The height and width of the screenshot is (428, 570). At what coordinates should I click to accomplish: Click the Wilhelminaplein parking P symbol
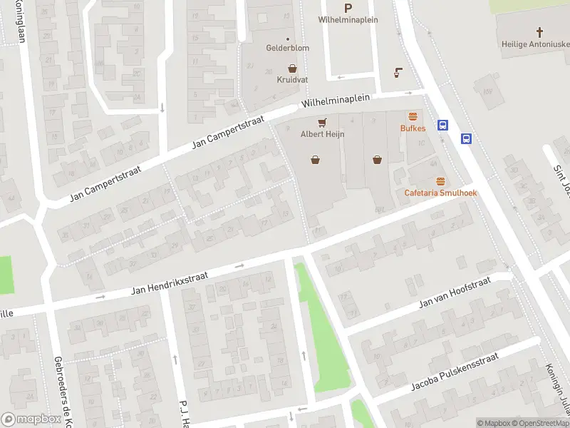[348, 8]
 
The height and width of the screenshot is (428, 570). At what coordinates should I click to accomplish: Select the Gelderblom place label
[288, 49]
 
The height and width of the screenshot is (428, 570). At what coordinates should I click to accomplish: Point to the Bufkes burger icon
[413, 116]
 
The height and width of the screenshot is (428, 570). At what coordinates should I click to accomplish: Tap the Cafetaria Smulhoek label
[440, 193]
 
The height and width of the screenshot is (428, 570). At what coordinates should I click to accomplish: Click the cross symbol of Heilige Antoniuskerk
[539, 32]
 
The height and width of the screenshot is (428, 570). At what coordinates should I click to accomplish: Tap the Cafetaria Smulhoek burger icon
[440, 181]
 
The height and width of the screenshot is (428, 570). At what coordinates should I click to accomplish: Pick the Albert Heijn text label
[322, 133]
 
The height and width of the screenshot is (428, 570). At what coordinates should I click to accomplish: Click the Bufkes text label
[413, 128]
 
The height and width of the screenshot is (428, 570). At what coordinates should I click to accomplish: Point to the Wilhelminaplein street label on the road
[336, 101]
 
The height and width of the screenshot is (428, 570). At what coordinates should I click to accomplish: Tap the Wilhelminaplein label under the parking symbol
[348, 20]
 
